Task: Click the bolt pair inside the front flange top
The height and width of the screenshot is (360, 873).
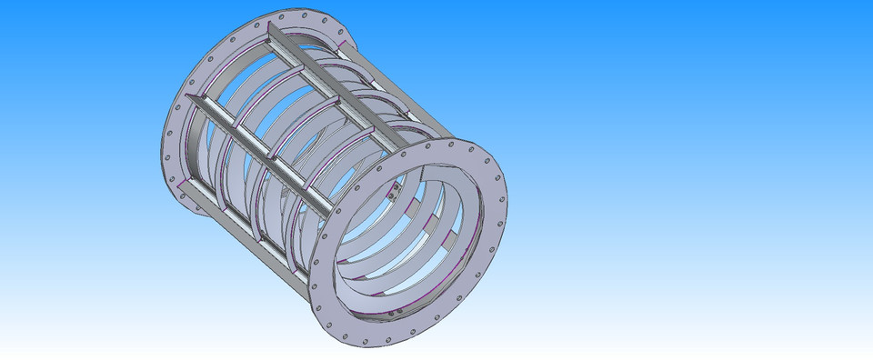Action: point(396,191)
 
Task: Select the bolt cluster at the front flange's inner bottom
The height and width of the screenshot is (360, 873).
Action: point(393,314)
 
